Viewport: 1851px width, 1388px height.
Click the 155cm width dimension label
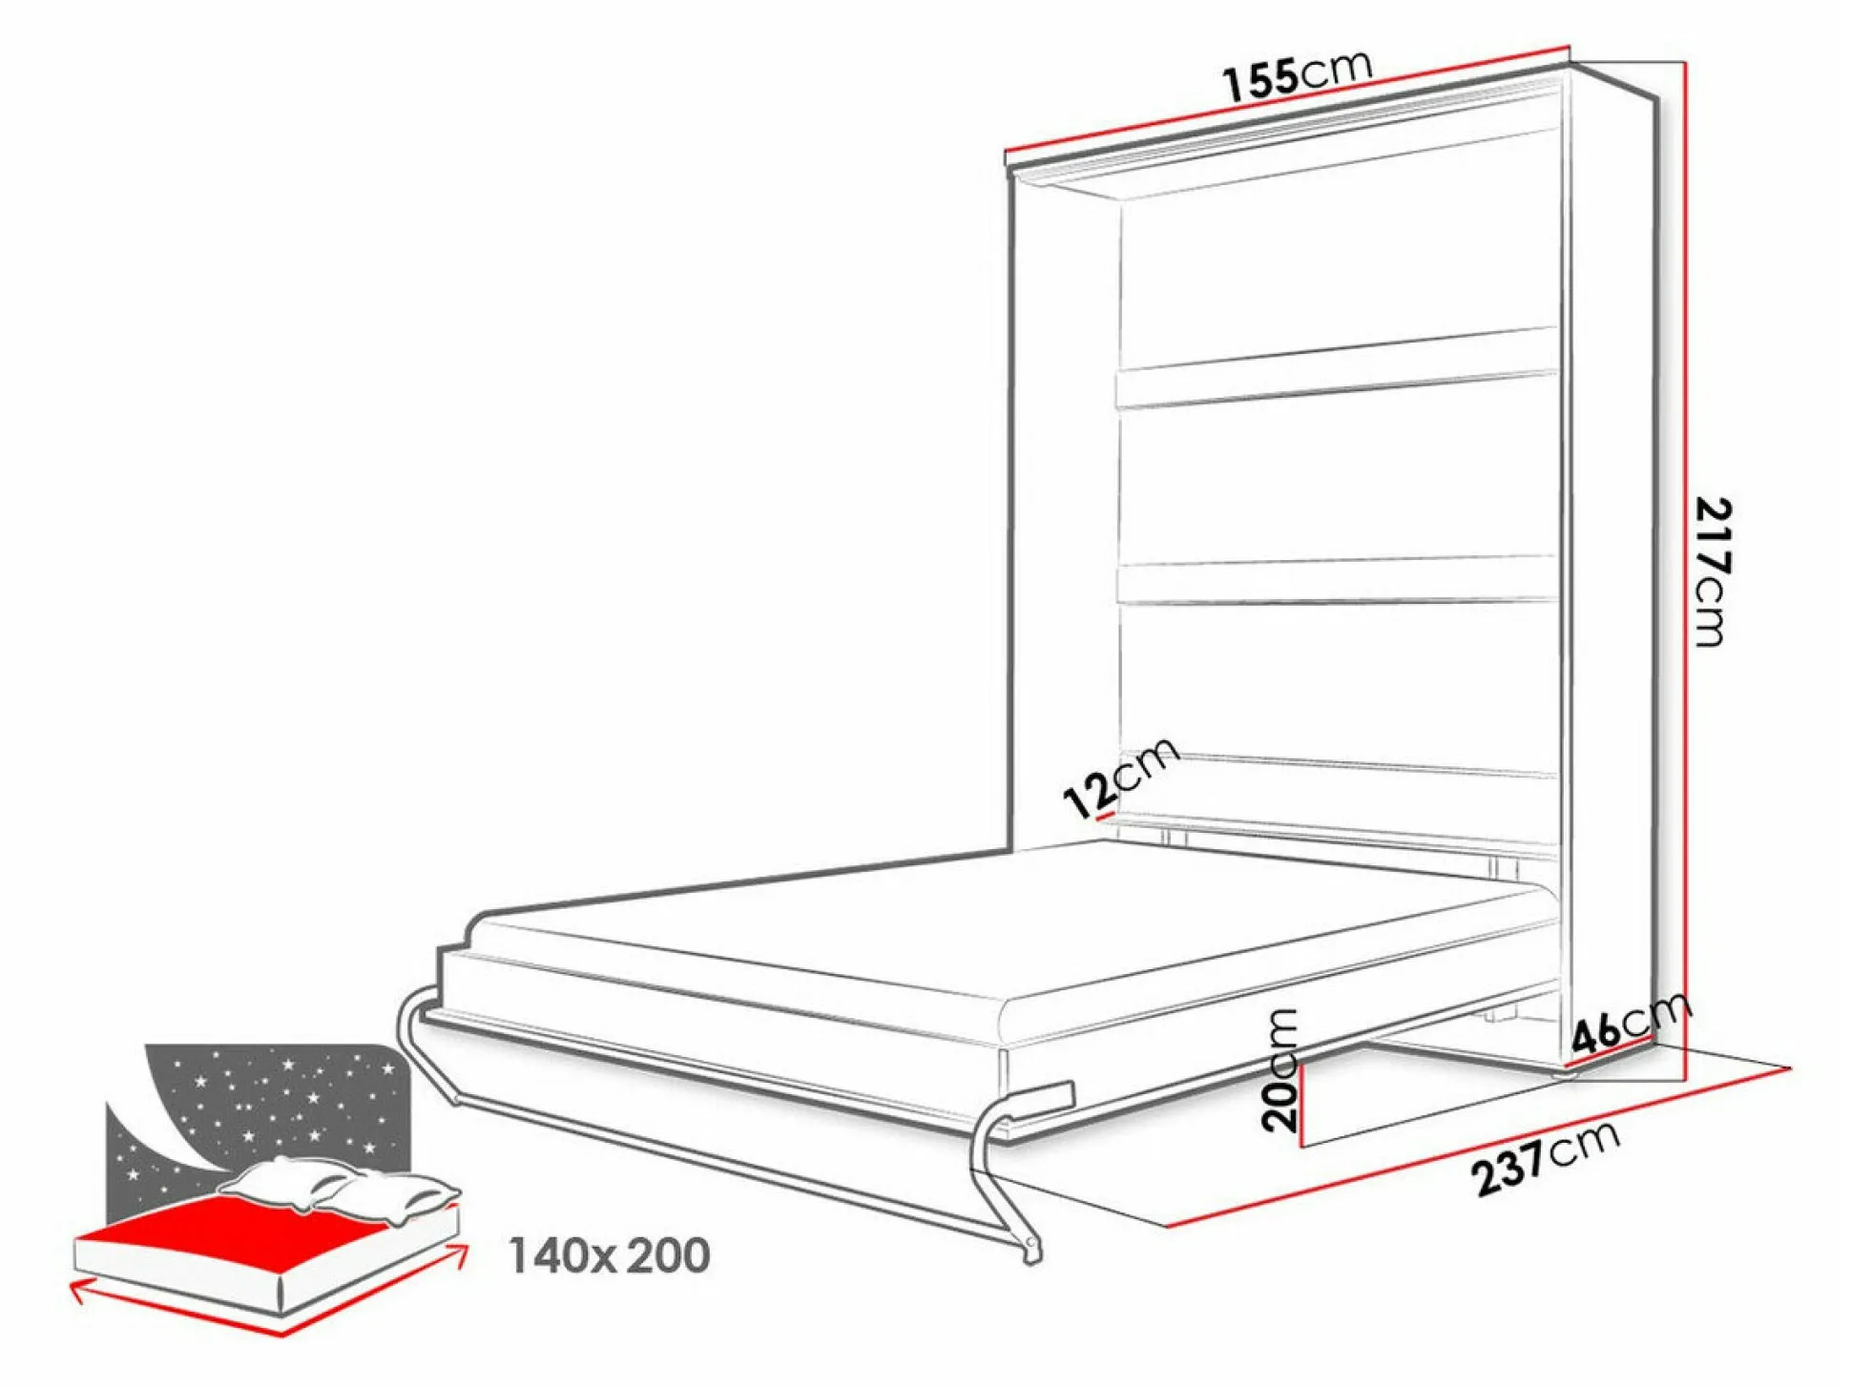(x=1299, y=73)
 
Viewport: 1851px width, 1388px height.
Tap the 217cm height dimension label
(x=1712, y=572)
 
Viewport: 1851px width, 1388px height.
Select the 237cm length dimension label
(x=1545, y=1158)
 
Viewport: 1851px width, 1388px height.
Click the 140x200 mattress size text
(x=609, y=1255)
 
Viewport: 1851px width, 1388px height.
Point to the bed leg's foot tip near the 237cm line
(x=1031, y=1250)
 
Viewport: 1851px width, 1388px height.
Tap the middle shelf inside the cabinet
(x=1336, y=580)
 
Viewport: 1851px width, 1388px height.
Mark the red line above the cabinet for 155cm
(x=1287, y=98)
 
